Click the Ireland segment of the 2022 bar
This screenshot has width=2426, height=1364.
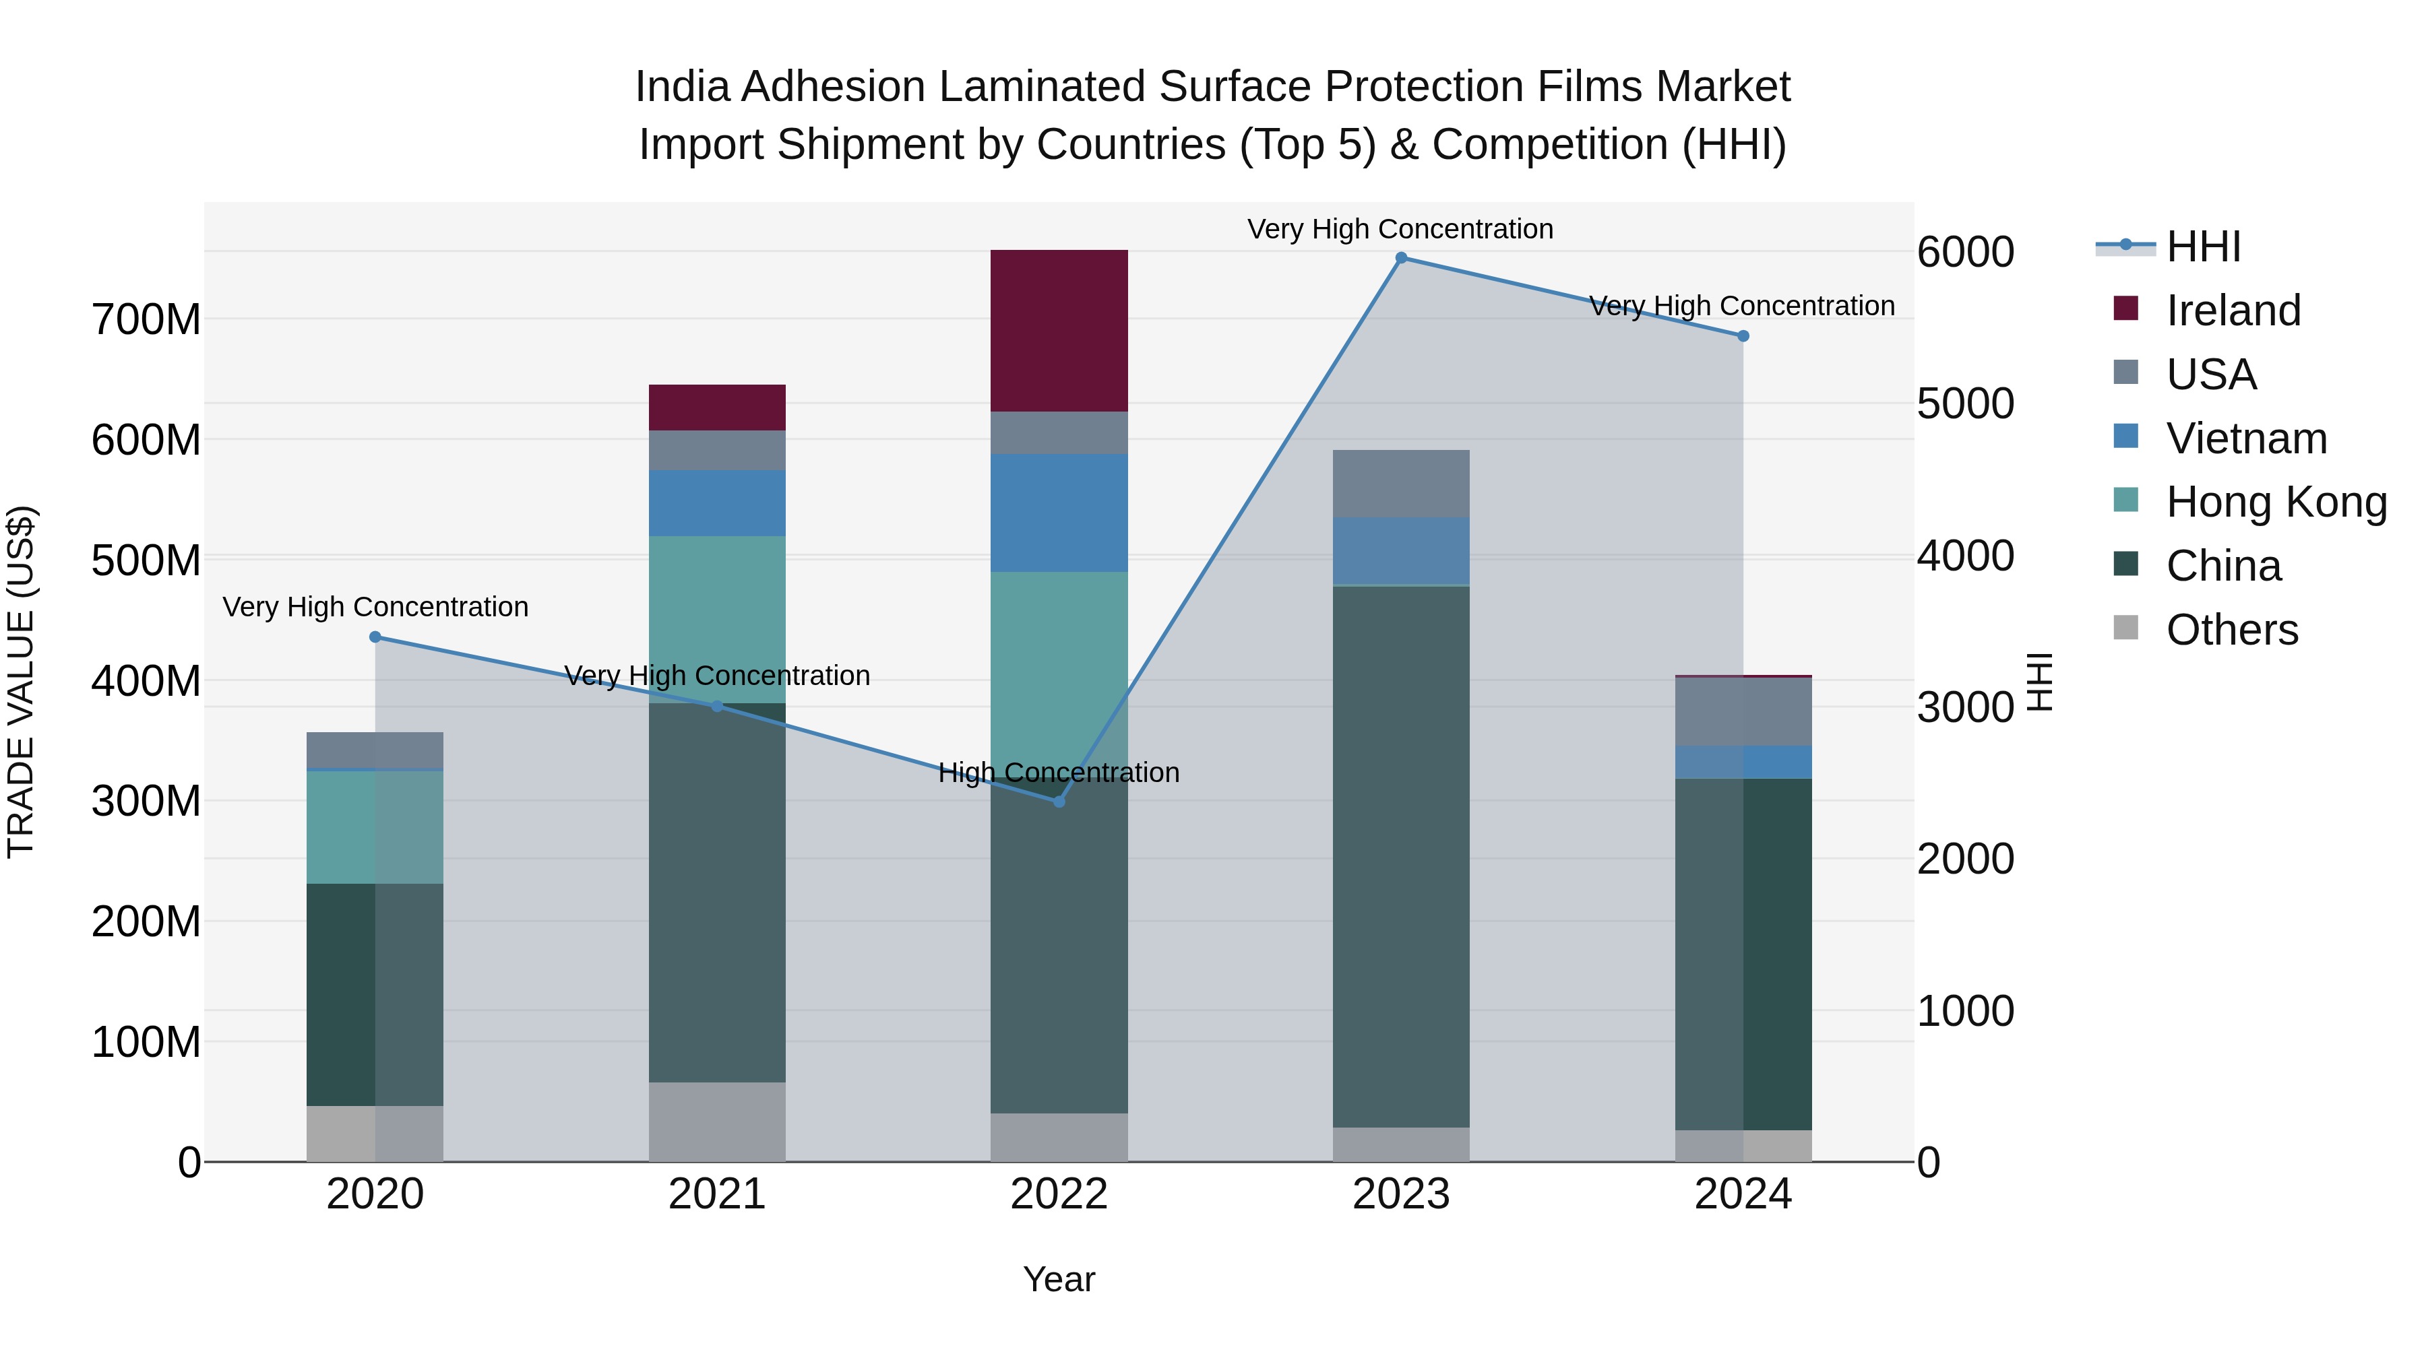(x=1059, y=331)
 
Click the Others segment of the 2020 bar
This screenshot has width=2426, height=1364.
(x=375, y=1134)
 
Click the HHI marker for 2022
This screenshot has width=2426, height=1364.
(x=1059, y=801)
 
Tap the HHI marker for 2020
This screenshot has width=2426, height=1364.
(x=375, y=637)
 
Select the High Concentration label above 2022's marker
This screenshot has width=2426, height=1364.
(x=1059, y=773)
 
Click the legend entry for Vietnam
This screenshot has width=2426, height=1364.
(x=2245, y=439)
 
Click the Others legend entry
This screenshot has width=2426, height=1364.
(x=2231, y=630)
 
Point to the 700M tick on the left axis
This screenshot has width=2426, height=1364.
(x=146, y=320)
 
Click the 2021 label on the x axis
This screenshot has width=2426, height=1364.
(x=717, y=1194)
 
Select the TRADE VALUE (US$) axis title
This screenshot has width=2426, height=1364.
(x=21, y=682)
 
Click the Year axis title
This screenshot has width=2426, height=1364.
(x=1059, y=1279)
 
